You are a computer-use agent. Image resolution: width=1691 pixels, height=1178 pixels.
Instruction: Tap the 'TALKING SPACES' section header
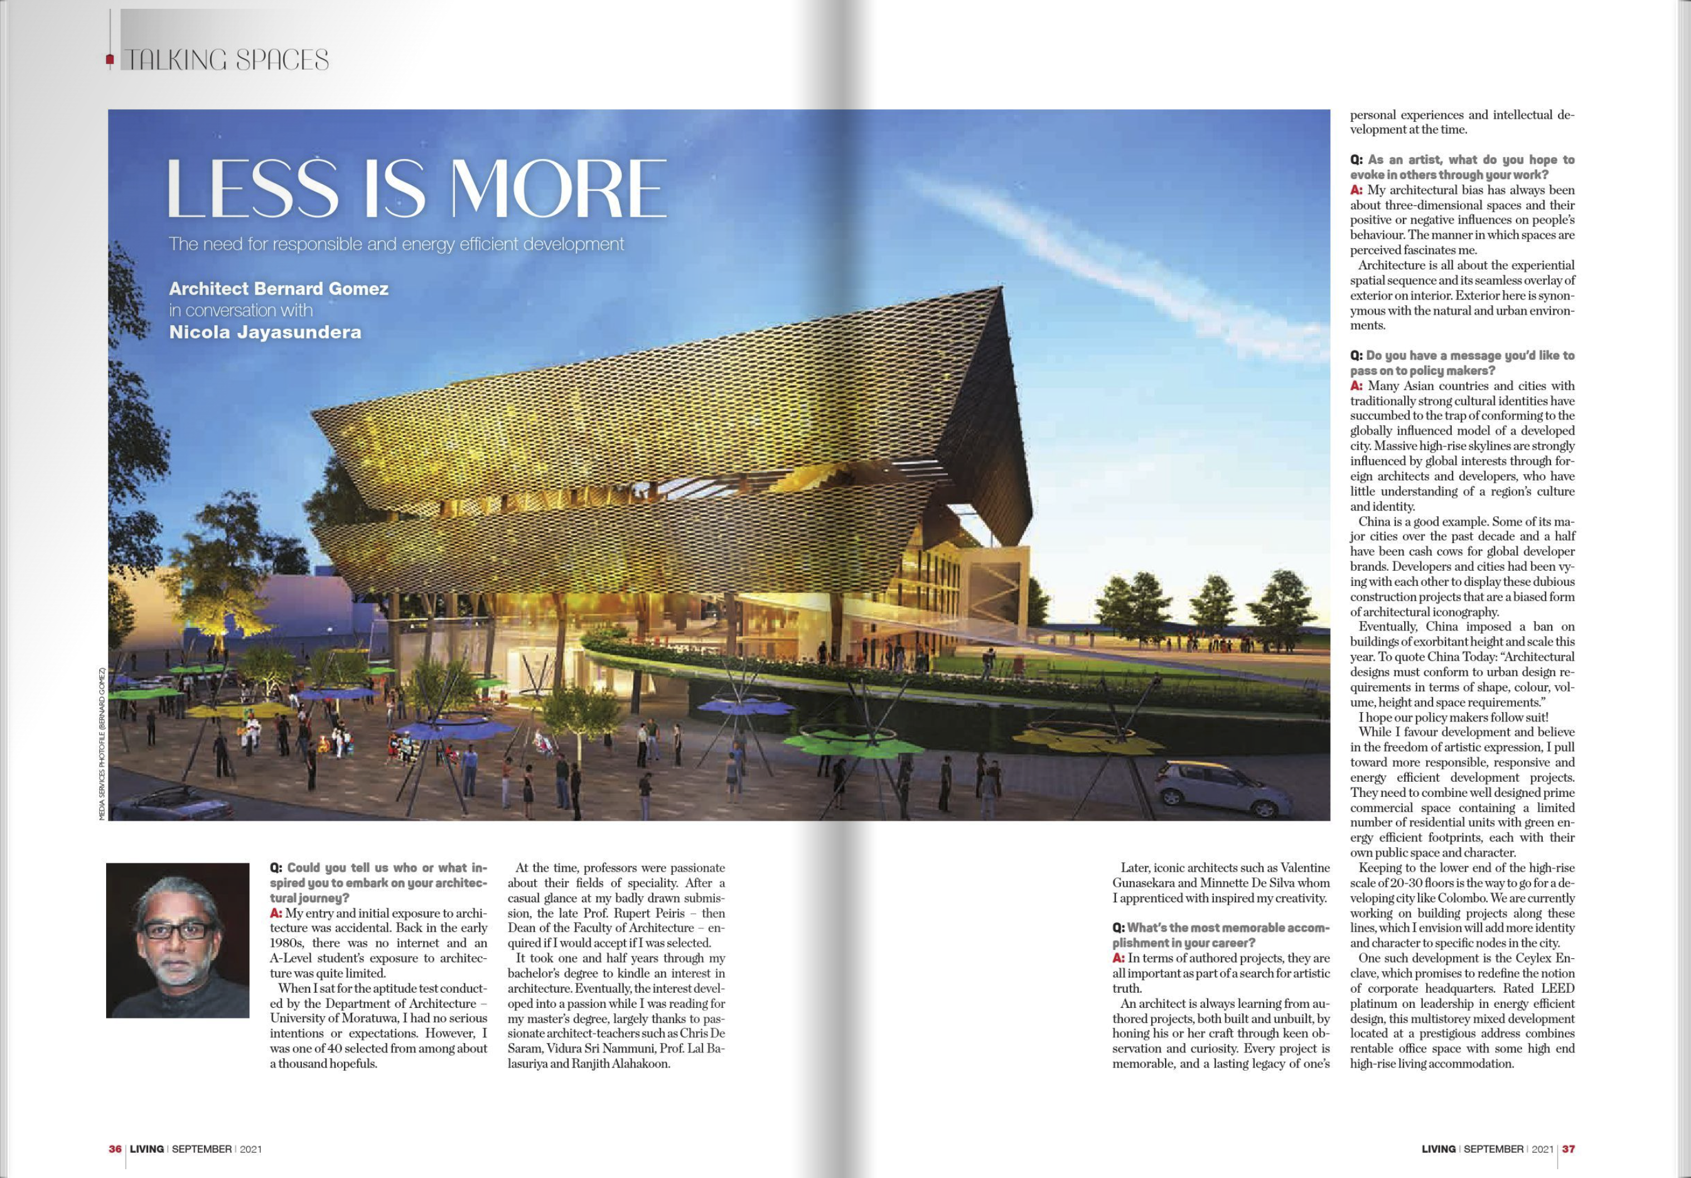coord(226,60)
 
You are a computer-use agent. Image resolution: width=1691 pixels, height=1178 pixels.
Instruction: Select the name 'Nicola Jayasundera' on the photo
coord(265,332)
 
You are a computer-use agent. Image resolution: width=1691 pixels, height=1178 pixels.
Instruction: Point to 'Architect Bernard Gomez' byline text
coord(279,289)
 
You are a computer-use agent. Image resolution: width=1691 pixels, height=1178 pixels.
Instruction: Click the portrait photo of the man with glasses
coord(178,940)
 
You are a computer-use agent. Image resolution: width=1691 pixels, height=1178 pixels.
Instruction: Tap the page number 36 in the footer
coord(115,1148)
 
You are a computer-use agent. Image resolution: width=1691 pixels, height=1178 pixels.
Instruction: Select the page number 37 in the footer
coord(1568,1148)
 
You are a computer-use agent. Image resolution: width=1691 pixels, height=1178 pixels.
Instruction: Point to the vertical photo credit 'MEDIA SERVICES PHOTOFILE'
coord(102,744)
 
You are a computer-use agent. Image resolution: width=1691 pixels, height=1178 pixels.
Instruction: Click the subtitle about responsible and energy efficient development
coord(396,244)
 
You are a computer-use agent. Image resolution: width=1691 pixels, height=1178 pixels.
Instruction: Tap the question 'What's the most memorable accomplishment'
coord(1220,935)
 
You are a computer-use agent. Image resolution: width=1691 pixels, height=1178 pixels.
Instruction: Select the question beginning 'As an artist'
coord(1461,167)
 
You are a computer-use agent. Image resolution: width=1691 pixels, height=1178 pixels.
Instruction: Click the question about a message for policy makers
coord(1461,362)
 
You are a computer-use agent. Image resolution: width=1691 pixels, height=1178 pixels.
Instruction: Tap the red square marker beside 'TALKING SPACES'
coord(110,59)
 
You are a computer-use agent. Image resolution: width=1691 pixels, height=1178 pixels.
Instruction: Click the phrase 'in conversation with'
coord(241,310)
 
